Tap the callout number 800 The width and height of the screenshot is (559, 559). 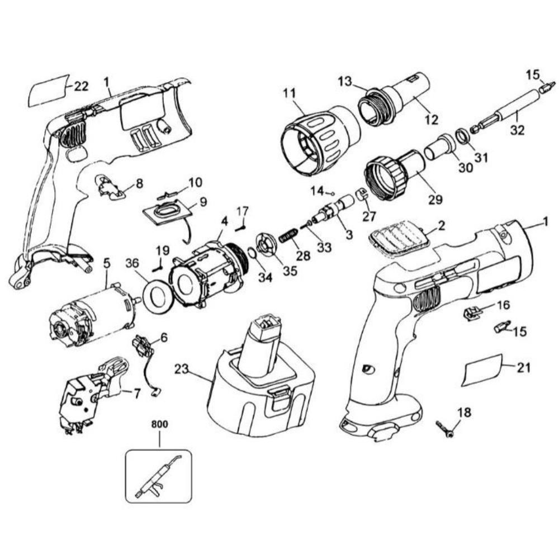click(x=160, y=424)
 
